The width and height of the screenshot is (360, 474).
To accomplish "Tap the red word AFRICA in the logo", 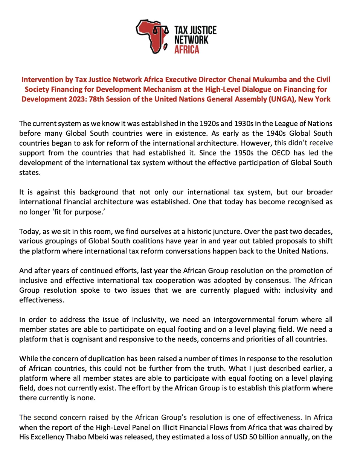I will (x=186, y=49).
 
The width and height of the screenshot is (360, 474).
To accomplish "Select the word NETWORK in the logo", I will (x=191, y=39).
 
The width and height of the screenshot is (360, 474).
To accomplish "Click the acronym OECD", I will (x=281, y=153).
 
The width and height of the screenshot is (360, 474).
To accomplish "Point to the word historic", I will (x=199, y=231).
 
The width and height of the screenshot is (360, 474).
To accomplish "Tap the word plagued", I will (x=246, y=290).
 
